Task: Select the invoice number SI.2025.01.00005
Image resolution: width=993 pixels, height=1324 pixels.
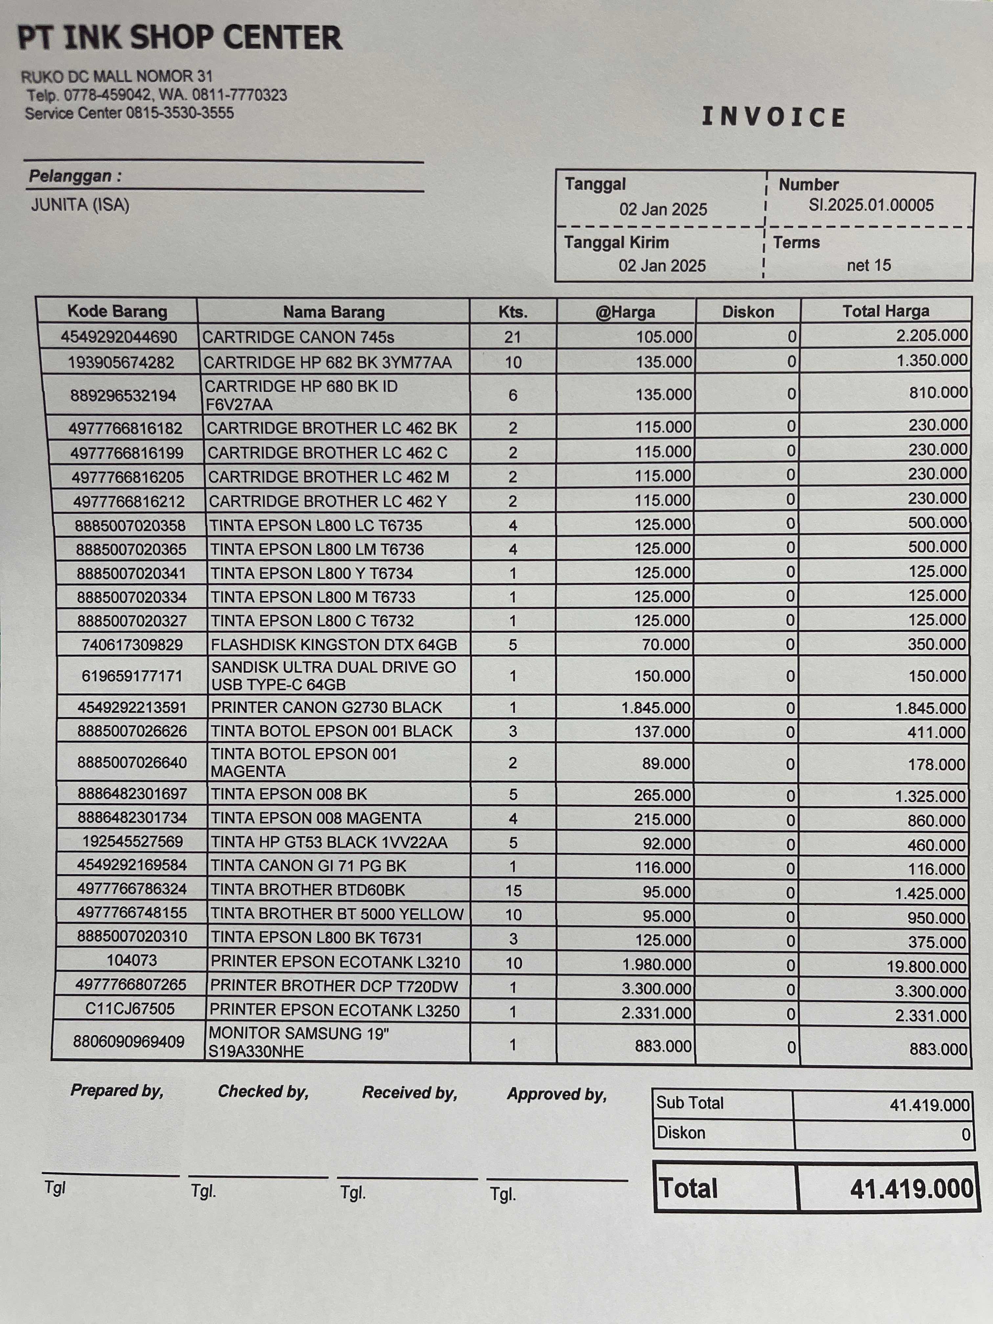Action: [x=871, y=205]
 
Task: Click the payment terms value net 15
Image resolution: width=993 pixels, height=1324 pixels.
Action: [x=869, y=265]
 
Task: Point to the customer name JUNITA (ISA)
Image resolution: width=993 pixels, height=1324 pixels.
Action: [x=80, y=205]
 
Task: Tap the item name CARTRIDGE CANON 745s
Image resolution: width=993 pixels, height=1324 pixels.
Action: [x=298, y=338]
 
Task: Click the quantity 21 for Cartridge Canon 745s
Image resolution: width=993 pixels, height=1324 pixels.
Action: [x=512, y=338]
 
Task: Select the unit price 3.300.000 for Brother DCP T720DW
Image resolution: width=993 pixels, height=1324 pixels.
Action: [x=656, y=989]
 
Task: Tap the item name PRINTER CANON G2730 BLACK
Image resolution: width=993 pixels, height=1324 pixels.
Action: [x=326, y=708]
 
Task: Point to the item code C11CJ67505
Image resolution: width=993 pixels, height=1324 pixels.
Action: [x=130, y=1009]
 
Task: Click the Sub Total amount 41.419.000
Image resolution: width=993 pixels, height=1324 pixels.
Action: [x=929, y=1105]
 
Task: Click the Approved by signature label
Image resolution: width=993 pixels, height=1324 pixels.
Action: [x=557, y=1094]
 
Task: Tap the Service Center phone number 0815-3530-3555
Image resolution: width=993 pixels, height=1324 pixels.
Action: [x=180, y=113]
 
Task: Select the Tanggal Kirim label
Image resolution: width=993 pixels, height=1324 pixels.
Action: [x=616, y=242]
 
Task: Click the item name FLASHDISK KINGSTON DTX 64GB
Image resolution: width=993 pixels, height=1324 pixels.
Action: [x=333, y=645]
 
